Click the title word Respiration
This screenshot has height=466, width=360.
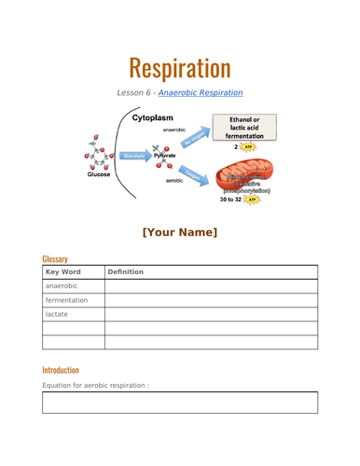(179, 67)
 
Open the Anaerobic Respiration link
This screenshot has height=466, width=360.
(201, 92)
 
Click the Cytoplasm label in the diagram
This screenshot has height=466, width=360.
(156, 119)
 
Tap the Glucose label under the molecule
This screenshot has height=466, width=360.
(99, 174)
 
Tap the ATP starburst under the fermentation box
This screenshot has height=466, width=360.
(247, 147)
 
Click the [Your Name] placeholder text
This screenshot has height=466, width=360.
(179, 231)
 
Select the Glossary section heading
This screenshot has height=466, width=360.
(55, 258)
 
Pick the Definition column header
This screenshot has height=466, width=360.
(126, 271)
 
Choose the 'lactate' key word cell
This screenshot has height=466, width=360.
(57, 315)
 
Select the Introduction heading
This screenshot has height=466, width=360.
(61, 369)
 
